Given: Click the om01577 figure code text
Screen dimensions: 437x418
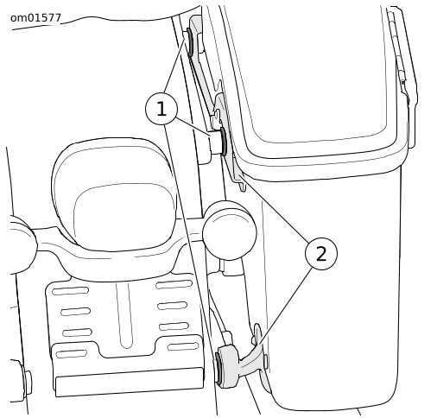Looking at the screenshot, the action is tap(35, 18).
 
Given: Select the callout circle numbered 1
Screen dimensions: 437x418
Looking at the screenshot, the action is tap(161, 109).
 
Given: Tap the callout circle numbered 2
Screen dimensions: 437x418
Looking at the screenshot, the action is tap(321, 254).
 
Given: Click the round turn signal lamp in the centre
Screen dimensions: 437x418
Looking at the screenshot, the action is tap(230, 231).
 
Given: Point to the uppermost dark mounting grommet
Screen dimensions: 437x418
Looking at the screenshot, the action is tap(190, 41).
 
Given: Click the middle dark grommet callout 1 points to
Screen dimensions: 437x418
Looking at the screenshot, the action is tap(224, 141).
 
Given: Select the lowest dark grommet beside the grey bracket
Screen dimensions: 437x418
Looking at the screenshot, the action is tap(218, 368).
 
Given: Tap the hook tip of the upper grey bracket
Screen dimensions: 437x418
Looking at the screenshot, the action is tap(244, 188).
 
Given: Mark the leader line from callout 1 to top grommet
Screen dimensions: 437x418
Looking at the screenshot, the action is tap(174, 64).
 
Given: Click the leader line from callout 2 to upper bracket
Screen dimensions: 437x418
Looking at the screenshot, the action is tap(273, 208).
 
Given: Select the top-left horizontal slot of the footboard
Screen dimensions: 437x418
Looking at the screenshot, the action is tap(70, 291).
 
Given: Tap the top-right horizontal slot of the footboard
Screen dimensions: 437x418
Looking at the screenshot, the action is tap(174, 284).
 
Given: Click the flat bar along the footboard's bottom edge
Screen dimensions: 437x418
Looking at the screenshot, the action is tap(130, 382).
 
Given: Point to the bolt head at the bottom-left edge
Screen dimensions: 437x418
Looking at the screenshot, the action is tap(28, 383).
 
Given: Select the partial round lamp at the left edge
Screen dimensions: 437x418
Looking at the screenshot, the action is tap(22, 244).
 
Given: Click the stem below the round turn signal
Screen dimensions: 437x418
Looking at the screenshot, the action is tap(231, 268).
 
